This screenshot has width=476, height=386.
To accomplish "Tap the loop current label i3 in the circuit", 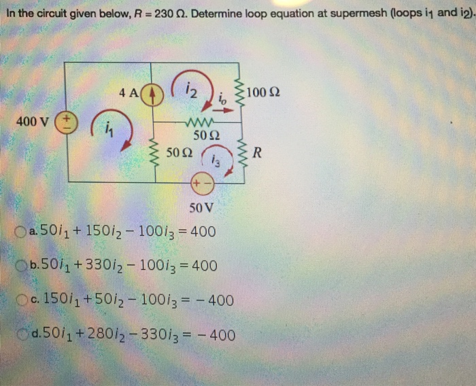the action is coord(216,161).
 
